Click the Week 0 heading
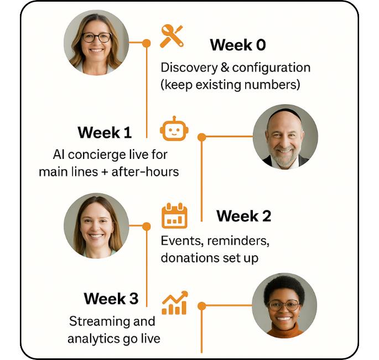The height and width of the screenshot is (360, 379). tap(238, 45)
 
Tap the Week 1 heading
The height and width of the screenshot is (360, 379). tap(105, 132)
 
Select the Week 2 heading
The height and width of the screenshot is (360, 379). tap(243, 216)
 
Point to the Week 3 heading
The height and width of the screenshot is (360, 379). tap(111, 299)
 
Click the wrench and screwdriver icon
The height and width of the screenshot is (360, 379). tap(172, 36)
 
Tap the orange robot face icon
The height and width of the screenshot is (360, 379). tap(174, 128)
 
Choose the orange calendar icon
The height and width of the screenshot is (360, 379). tap(174, 215)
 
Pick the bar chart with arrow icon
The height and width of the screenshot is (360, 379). tap(174, 302)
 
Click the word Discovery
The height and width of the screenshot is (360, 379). tap(189, 68)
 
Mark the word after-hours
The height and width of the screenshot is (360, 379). tap(145, 172)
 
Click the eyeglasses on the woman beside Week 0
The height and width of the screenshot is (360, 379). tap(97, 38)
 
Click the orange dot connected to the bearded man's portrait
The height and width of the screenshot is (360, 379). tap(202, 137)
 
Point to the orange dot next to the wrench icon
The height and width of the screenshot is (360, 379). tap(146, 43)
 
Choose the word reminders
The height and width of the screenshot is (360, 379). tap(238, 241)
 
